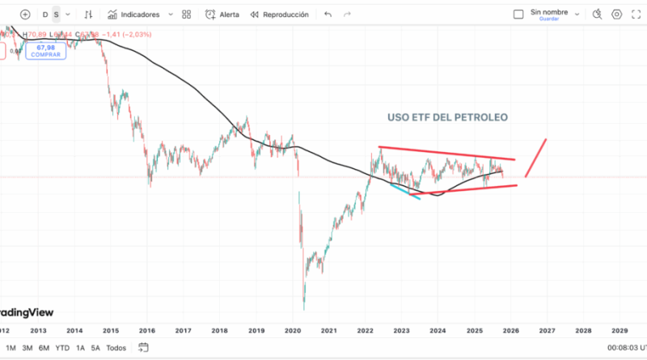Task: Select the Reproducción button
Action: [x=280, y=15]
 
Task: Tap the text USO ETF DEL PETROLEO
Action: [x=447, y=117]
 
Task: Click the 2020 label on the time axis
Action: [x=293, y=331]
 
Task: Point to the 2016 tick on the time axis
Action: [x=146, y=331]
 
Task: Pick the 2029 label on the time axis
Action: [x=620, y=331]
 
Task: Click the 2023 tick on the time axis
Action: [x=402, y=331]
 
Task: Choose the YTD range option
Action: [x=62, y=348]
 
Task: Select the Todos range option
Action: [x=116, y=348]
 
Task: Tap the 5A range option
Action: [x=95, y=348]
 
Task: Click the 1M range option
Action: [x=11, y=348]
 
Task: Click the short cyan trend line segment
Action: [x=405, y=192]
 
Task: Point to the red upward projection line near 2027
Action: [x=536, y=158]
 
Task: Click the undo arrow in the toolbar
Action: [x=328, y=15]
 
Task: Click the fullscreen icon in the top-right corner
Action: [x=639, y=15]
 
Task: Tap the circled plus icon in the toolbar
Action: [x=26, y=15]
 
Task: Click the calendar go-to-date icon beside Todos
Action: [x=143, y=348]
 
